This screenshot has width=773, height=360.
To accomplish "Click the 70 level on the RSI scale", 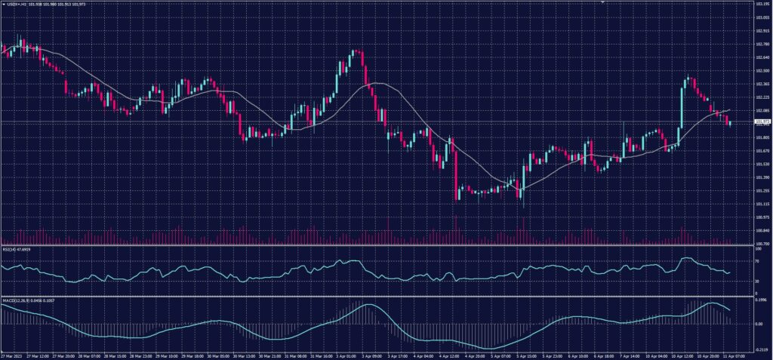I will pos(757,260).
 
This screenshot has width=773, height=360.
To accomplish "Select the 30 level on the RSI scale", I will pos(757,282).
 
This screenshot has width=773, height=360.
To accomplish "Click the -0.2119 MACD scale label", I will pos(760,349).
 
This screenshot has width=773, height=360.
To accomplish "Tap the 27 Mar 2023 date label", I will pos(11,355).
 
